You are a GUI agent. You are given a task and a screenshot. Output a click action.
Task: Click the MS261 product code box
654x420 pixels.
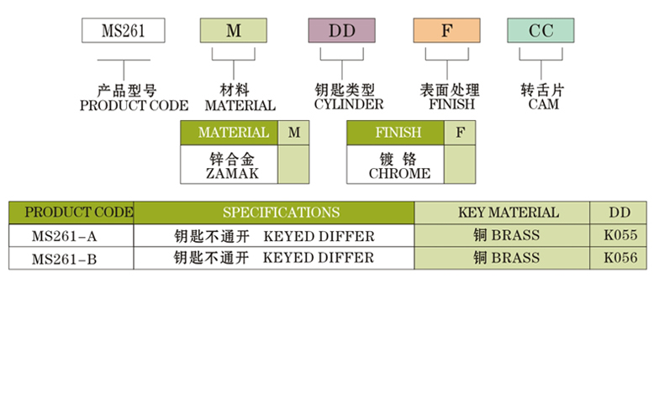(x=123, y=31)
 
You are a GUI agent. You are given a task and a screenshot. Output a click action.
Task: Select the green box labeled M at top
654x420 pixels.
(x=234, y=31)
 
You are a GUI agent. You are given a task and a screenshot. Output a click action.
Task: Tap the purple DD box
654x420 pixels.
(x=341, y=31)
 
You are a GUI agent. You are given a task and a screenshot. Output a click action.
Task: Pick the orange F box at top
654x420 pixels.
(x=446, y=31)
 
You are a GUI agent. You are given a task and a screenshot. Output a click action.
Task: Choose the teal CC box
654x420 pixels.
(x=541, y=31)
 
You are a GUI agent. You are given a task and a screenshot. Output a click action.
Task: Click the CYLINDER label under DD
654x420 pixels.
(x=348, y=104)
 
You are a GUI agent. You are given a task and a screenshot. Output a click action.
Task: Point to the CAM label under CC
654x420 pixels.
(x=543, y=104)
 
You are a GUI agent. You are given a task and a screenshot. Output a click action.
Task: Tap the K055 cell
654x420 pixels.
(x=620, y=235)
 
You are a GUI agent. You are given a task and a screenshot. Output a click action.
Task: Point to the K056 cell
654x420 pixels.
(x=620, y=258)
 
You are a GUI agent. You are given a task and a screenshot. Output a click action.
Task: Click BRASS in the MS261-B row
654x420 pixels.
(x=515, y=258)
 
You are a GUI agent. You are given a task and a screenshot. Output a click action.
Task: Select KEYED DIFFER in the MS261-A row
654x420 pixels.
(x=319, y=236)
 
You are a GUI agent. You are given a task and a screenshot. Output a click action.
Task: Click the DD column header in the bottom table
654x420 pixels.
(x=620, y=213)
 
